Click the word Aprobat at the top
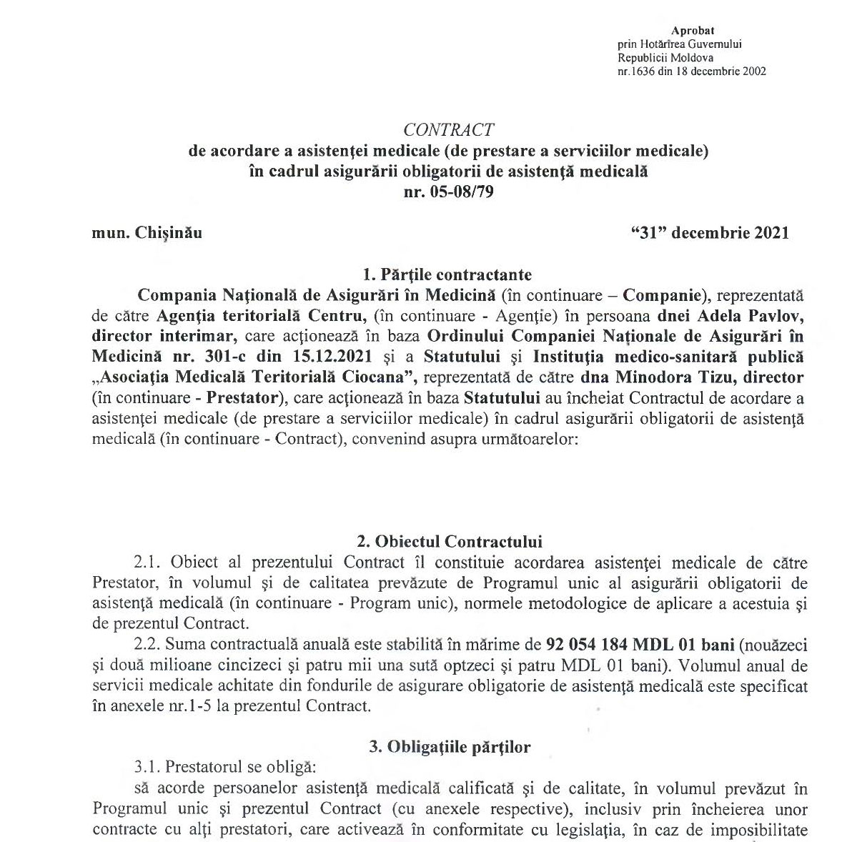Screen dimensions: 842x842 coord(693,30)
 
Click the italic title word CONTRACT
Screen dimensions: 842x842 coord(448,130)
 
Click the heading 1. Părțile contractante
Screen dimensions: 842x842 coord(447,274)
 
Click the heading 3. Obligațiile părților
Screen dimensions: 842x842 coord(450,747)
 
